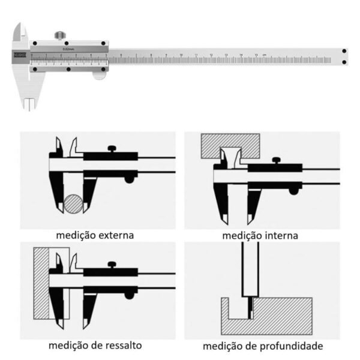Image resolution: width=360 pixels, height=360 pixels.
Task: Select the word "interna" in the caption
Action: pyautogui.click(x=278, y=235)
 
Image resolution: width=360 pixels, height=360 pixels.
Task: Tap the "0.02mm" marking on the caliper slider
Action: pyautogui.click(x=68, y=49)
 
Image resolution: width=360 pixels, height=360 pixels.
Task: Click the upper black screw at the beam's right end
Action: pyautogui.click(x=344, y=52)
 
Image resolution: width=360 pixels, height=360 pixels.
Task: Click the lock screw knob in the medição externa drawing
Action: pyautogui.click(x=112, y=148)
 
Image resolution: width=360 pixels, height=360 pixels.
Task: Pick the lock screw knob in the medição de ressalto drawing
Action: pyautogui.click(x=112, y=264)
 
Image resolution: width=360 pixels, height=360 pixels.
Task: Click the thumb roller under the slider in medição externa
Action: pyautogui.click(x=128, y=179)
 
